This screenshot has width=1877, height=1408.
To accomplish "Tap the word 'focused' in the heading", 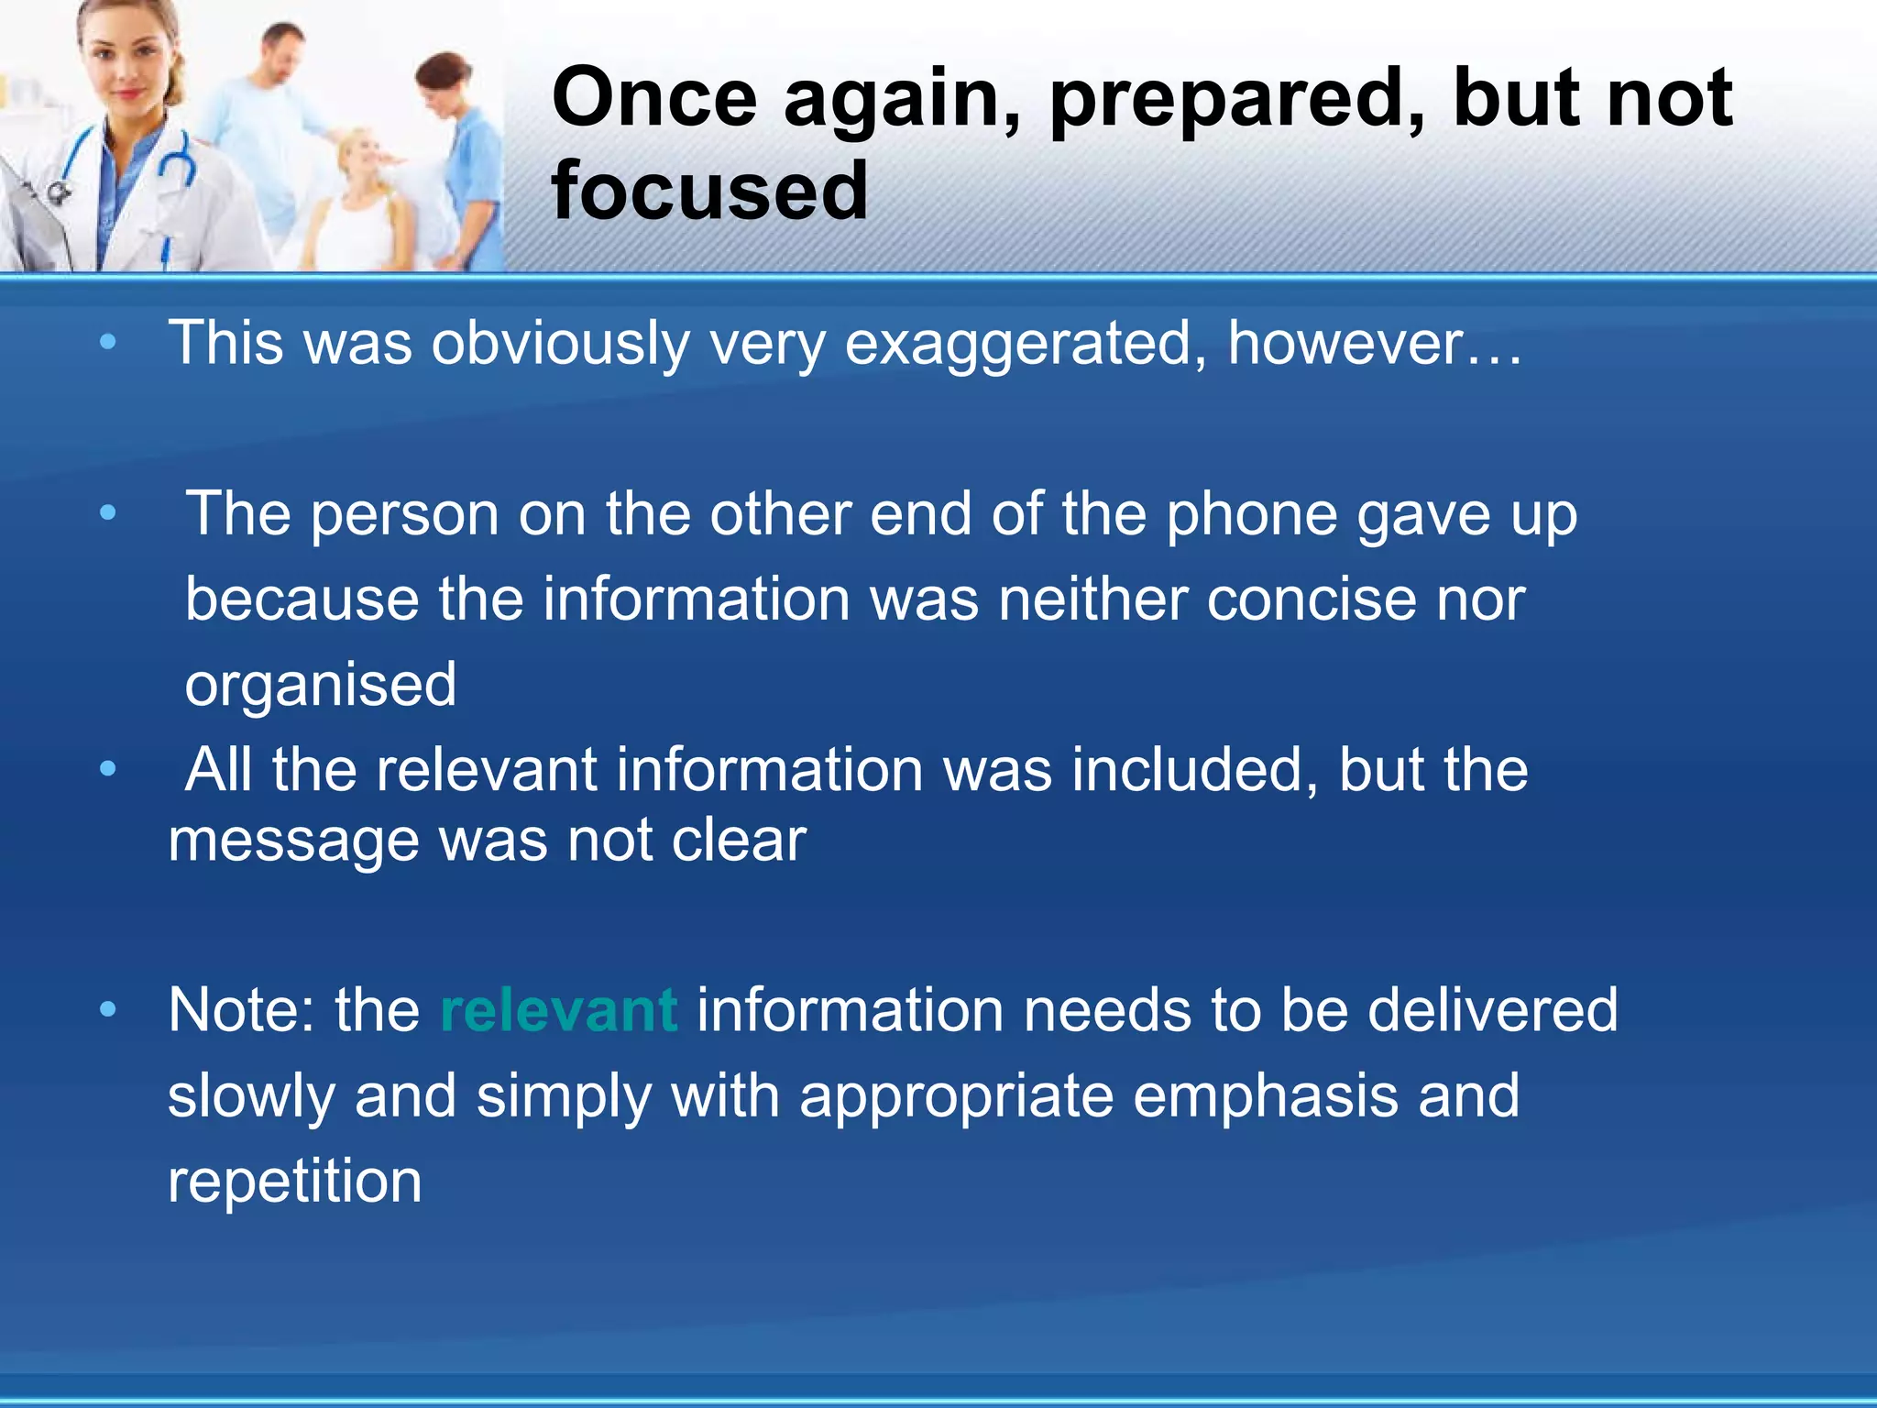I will [709, 191].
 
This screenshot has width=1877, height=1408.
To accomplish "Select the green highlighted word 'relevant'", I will [559, 1010].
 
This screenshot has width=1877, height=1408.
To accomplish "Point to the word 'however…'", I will [1374, 343].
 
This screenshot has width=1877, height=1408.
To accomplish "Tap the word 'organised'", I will [321, 685].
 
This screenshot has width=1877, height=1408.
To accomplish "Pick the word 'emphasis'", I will [1265, 1095].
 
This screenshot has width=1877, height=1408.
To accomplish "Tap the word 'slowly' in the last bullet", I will [251, 1097].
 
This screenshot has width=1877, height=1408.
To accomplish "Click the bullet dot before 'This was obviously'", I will [108, 343].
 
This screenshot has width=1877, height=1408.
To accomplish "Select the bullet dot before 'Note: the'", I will [108, 1010].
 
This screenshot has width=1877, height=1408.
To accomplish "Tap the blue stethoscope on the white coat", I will [174, 165].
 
